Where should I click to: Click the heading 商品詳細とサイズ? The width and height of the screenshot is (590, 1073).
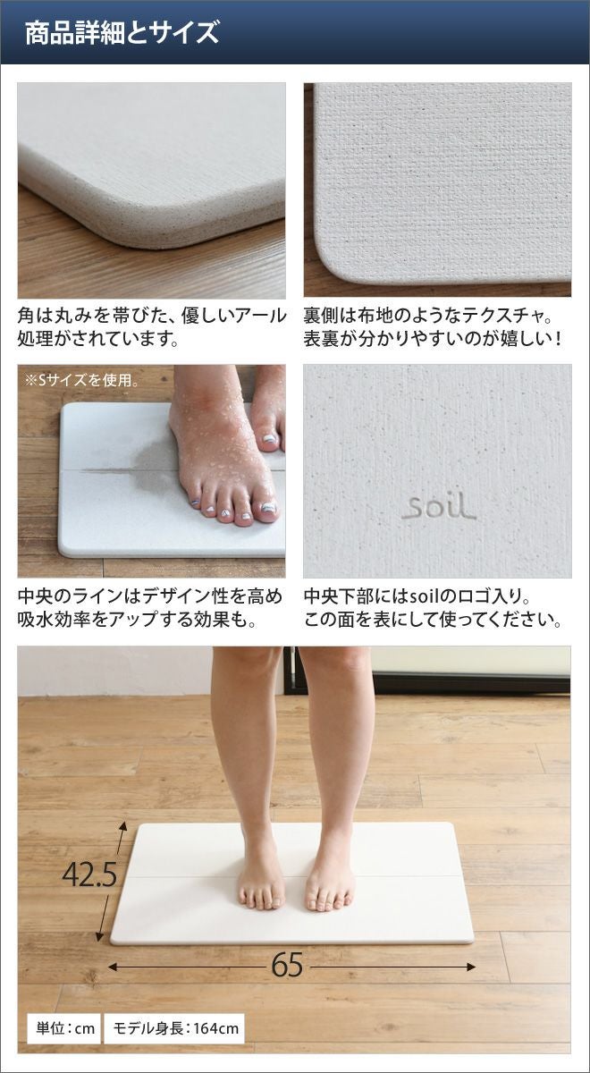122,32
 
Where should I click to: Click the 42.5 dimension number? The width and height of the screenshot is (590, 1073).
89,875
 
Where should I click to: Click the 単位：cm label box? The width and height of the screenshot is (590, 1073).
63,1028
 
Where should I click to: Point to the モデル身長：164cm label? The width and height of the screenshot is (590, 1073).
175,1028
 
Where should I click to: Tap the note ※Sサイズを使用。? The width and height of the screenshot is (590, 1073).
81,380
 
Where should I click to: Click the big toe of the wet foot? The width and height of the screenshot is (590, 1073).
267,509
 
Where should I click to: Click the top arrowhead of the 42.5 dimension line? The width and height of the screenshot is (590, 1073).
124,827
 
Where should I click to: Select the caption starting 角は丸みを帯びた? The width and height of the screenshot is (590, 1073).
152,327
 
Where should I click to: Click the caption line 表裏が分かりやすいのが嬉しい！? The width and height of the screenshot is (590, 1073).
432,339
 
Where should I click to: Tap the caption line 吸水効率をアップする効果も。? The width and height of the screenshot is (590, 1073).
138,621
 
